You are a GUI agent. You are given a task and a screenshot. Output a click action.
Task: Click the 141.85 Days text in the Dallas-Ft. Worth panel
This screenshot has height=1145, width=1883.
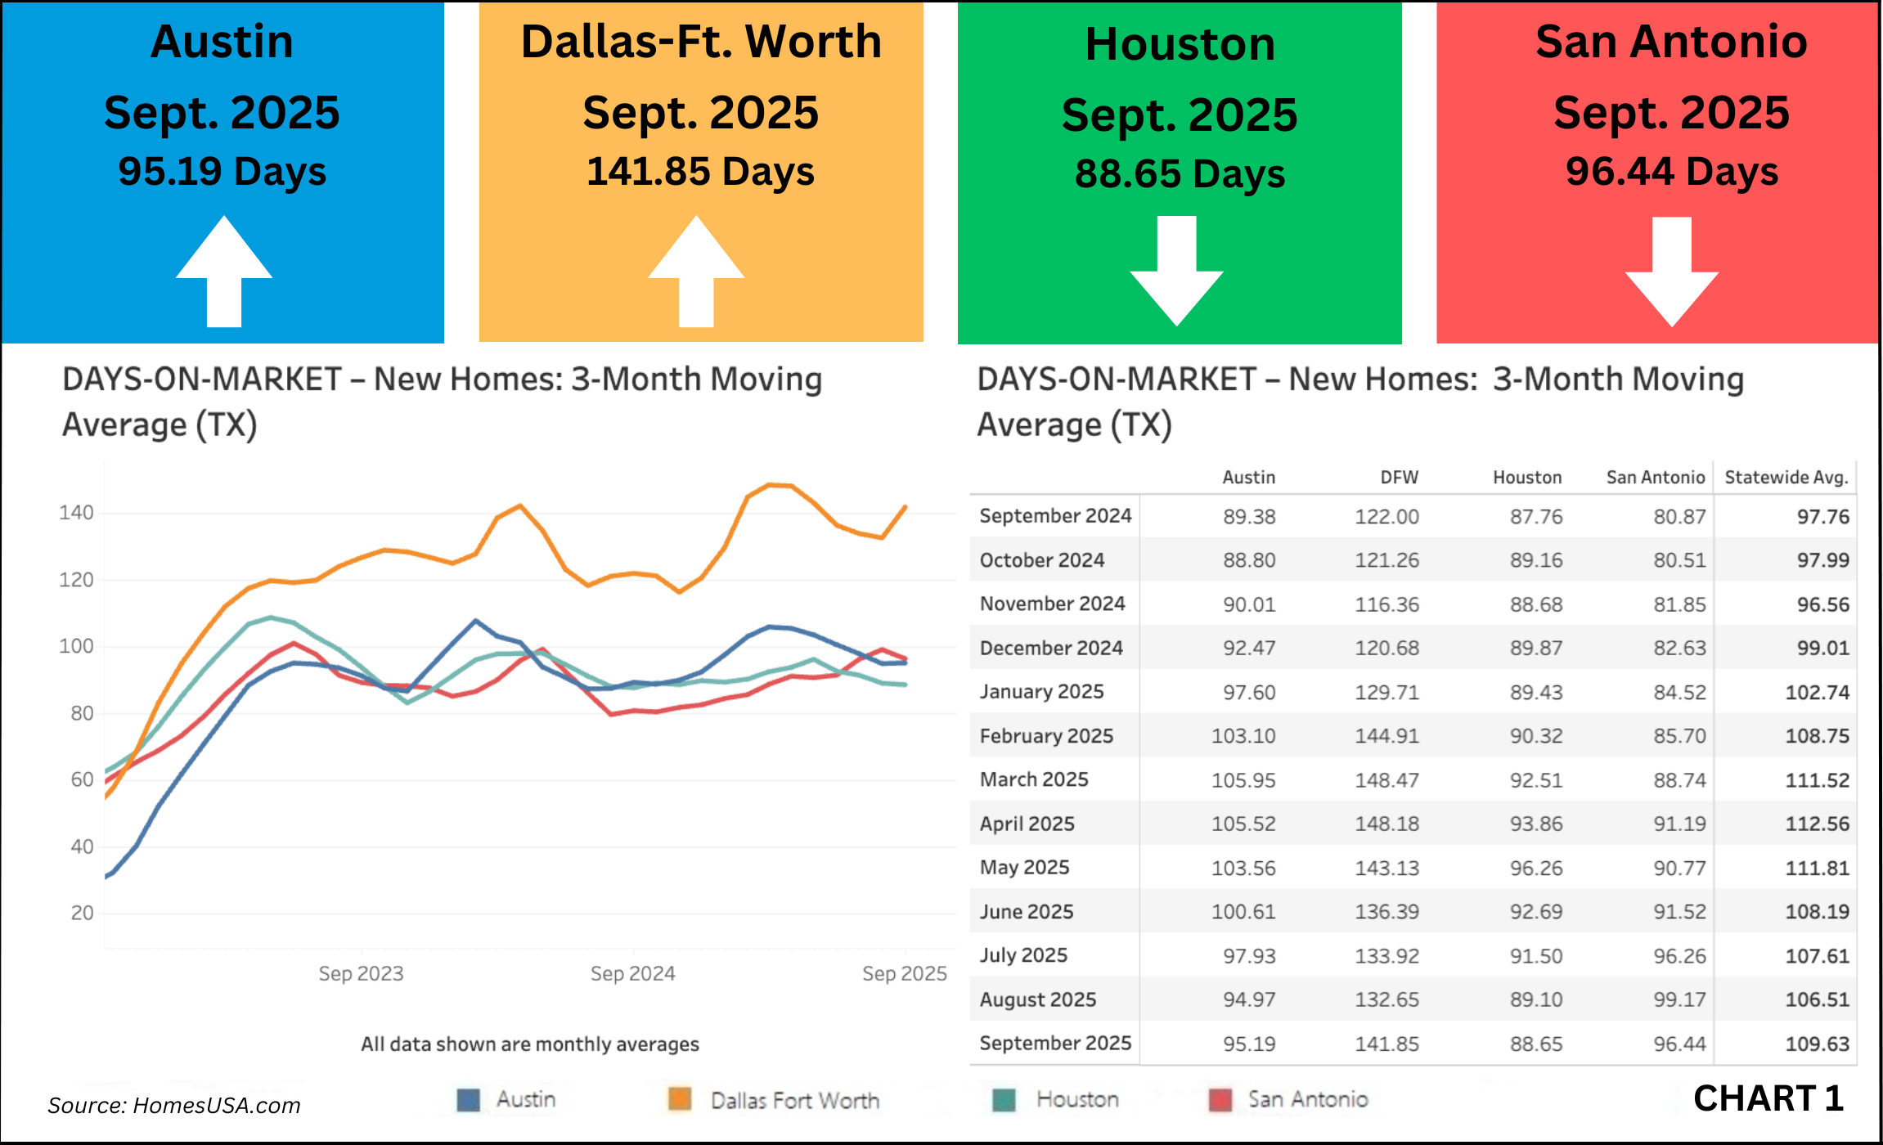point(700,172)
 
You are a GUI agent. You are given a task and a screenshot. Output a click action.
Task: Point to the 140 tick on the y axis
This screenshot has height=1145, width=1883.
point(76,513)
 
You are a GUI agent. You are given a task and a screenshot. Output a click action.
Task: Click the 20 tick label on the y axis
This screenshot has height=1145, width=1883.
point(82,913)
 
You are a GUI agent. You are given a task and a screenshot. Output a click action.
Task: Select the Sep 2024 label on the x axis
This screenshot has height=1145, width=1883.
point(632,973)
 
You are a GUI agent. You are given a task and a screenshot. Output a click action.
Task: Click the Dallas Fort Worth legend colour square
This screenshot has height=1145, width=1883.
point(680,1099)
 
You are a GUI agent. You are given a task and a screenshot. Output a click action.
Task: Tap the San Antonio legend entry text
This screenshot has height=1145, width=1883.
point(1307,1099)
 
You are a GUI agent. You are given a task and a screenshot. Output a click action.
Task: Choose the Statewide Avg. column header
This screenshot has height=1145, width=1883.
point(1786,478)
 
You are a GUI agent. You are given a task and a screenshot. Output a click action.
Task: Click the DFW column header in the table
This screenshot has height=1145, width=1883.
point(1399,478)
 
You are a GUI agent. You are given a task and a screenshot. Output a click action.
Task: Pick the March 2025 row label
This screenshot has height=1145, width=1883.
point(1034,779)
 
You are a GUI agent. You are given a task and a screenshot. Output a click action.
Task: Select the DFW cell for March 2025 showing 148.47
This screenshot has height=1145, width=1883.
point(1386,780)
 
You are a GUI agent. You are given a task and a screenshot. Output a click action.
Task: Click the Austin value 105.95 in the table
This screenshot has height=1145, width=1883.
point(1243,780)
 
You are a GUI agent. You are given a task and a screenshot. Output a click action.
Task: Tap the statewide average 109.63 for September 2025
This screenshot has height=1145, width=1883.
point(1817,1044)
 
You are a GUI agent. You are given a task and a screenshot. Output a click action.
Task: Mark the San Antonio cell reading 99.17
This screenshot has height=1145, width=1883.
point(1679,999)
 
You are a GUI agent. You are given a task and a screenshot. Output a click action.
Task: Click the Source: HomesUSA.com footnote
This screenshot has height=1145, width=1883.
point(174,1106)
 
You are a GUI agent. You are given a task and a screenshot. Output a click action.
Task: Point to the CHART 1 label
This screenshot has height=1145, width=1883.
point(1768,1098)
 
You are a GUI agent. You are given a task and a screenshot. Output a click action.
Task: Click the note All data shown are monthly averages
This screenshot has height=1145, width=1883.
point(530,1044)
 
